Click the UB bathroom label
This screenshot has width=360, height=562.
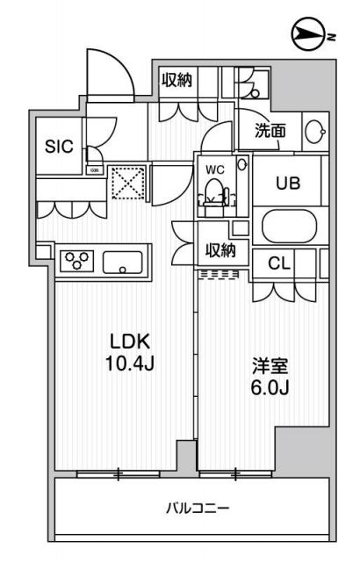pos(288,184)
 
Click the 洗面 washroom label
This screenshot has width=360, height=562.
pos(270,132)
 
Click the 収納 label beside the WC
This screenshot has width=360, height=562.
pos(220,250)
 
